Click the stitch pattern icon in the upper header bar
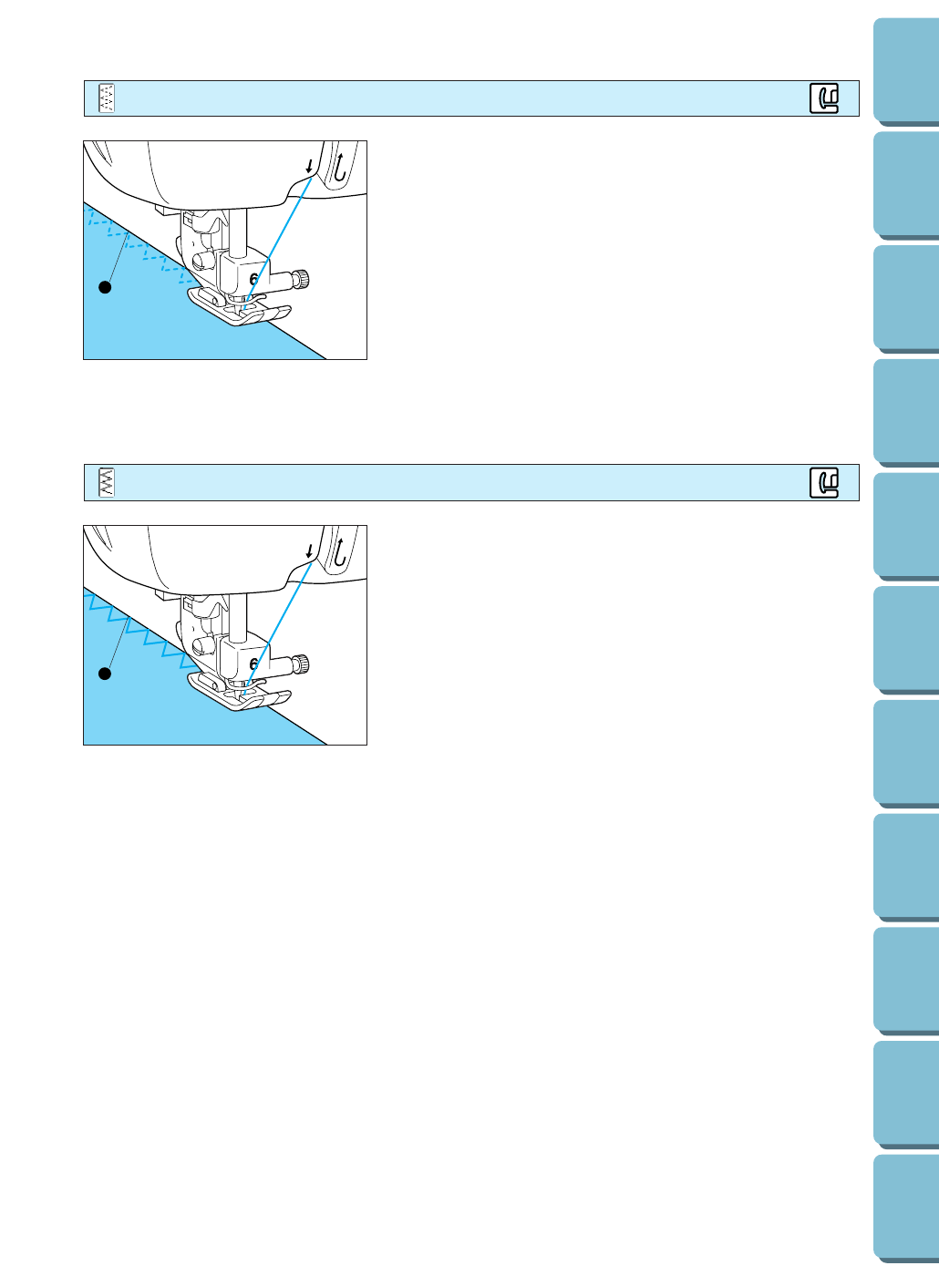(107, 98)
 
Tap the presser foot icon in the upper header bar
(824, 98)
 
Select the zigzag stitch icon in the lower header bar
(107, 482)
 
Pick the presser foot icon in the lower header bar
(824, 482)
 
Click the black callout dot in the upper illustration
(105, 287)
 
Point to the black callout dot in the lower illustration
(105, 674)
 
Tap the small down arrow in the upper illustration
(310, 167)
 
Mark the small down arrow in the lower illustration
(310, 551)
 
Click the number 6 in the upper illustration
(253, 280)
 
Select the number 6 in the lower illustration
(253, 664)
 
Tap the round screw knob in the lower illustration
(300, 663)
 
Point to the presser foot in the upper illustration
(239, 308)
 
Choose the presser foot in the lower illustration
(239, 694)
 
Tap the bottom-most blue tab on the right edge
(906, 1208)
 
